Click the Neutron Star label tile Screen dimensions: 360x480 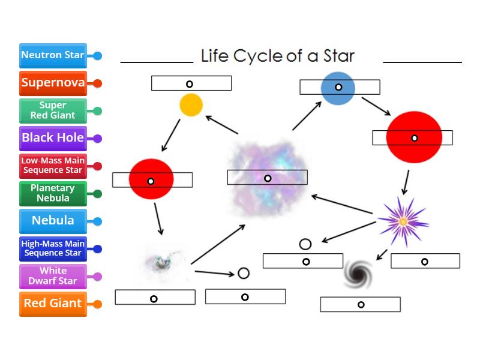[53, 55]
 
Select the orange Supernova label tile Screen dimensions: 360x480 [53, 83]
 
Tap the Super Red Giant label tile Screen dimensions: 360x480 [53, 110]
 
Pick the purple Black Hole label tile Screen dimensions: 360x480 [53, 138]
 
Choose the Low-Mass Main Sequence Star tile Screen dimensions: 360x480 [53, 166]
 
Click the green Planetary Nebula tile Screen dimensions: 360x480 [53, 193]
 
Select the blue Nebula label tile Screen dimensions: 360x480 [53, 221]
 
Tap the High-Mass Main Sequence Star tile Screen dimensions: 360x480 [53, 248]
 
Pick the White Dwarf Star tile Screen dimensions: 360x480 [53, 276]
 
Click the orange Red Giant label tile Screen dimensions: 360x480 [53, 304]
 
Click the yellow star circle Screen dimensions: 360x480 [191, 105]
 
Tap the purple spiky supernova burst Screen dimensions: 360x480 [403, 221]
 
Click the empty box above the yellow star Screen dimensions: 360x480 [191, 83]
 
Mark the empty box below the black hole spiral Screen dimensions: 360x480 [360, 304]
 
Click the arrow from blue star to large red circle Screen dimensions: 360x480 [376, 106]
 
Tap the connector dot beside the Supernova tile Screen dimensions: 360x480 [97, 83]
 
